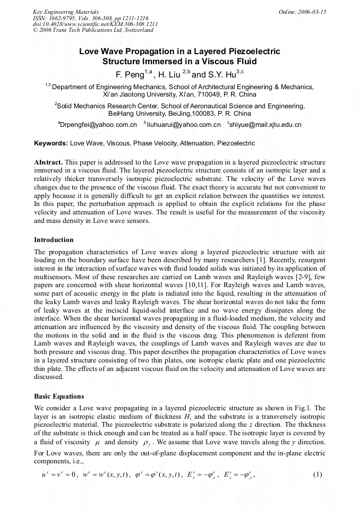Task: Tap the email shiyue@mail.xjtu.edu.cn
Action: [265, 125]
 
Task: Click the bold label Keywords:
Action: [51, 143]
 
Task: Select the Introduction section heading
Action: [54, 240]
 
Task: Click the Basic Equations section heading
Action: [59, 396]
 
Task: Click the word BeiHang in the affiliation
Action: [121, 114]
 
